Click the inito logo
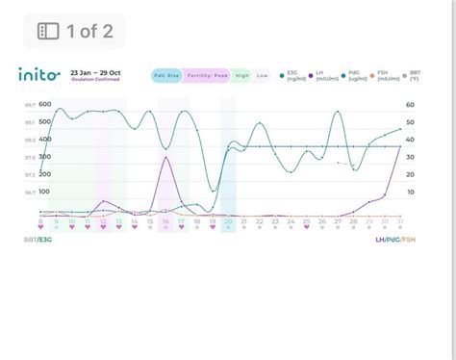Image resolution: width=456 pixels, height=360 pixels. (39, 74)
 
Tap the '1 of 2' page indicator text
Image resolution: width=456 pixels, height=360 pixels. (89, 32)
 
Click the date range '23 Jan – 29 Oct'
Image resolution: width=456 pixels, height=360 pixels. (92, 72)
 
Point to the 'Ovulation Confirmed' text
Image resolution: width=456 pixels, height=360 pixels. (91, 80)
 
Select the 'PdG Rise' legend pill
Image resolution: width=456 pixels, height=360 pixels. (165, 74)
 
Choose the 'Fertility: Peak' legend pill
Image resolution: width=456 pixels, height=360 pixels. (205, 74)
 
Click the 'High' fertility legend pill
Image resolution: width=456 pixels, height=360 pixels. (241, 74)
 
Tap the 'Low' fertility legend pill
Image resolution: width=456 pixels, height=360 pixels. (263, 74)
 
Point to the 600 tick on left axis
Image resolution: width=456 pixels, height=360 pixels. (44, 104)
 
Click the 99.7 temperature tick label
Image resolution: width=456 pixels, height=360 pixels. (29, 104)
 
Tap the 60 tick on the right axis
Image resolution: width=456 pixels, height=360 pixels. (411, 104)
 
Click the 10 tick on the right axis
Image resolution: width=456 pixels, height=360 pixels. (411, 192)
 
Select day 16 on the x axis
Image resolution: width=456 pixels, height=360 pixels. (165, 221)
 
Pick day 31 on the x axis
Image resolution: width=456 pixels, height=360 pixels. (399, 221)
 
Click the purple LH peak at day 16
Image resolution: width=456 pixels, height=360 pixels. (166, 158)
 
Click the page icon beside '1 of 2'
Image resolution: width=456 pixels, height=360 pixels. (48, 32)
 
